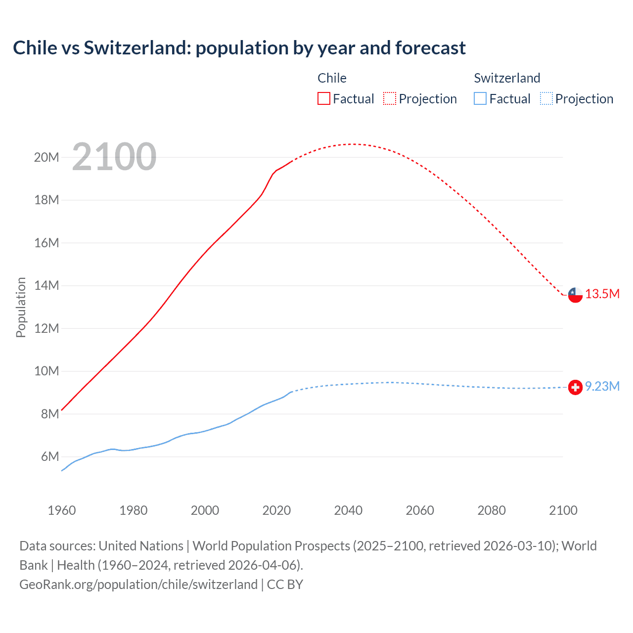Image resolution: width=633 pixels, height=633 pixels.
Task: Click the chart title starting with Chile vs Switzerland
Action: [239, 48]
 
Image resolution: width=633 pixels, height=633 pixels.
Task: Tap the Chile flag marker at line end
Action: [575, 295]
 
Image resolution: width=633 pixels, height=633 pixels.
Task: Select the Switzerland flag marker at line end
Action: [575, 387]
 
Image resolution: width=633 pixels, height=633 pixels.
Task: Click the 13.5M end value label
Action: [602, 294]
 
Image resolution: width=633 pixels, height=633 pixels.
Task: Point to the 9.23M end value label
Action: [602, 387]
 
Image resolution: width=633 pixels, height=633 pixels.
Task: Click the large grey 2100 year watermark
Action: [114, 157]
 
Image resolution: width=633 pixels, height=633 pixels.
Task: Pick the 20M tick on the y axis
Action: [46, 158]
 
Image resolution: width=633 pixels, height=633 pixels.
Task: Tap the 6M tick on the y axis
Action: [50, 457]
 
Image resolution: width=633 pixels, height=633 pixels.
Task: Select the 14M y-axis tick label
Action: [46, 286]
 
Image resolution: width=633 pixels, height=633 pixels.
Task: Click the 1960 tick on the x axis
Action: [62, 511]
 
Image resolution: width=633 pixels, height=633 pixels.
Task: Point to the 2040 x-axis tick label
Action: [348, 511]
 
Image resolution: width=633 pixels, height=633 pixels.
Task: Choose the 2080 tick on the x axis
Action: [492, 511]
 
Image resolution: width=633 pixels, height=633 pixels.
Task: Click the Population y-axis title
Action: [21, 307]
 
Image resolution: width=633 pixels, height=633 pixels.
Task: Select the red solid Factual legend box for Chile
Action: [324, 99]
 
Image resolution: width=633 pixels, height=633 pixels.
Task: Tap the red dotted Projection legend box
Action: [390, 99]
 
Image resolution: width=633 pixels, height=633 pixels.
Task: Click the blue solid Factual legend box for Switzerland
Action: [480, 99]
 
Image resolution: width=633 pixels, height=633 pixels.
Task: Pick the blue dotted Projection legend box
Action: [546, 99]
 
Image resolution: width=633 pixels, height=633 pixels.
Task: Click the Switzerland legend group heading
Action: [507, 78]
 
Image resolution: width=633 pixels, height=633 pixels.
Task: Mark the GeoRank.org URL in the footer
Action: [138, 585]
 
